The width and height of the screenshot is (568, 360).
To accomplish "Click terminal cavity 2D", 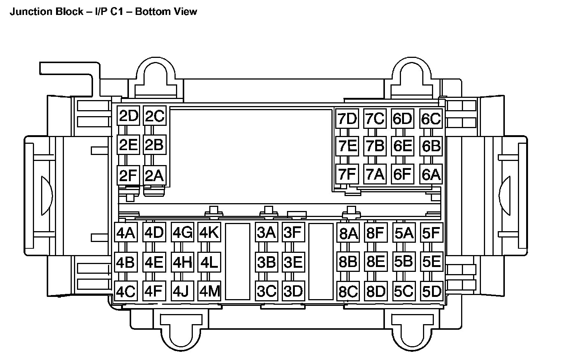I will [x=129, y=117].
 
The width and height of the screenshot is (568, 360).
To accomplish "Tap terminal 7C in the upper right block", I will [x=374, y=119].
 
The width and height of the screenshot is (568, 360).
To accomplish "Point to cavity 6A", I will [x=431, y=174].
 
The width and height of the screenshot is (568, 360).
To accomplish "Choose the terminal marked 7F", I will [x=347, y=174].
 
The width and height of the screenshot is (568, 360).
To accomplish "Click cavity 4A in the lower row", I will [x=126, y=233].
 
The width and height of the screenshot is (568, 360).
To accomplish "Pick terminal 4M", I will [x=210, y=291].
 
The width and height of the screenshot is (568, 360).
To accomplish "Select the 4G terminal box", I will [x=182, y=233].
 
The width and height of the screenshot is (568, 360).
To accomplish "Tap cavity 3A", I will [x=266, y=232].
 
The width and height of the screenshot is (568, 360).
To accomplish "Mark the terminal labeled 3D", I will [x=293, y=291].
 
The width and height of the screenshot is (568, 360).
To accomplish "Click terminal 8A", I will [x=348, y=234].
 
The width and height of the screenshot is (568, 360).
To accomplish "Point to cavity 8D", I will [x=376, y=291].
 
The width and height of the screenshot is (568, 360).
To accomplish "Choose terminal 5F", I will [x=431, y=233].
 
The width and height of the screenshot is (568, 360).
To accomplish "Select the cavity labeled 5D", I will [x=432, y=291].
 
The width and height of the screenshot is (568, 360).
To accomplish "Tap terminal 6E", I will [x=402, y=146].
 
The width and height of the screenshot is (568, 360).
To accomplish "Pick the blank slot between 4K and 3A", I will [x=238, y=261].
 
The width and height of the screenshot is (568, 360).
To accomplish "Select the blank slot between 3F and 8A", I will [x=321, y=261].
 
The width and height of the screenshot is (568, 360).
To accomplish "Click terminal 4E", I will [x=154, y=262].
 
